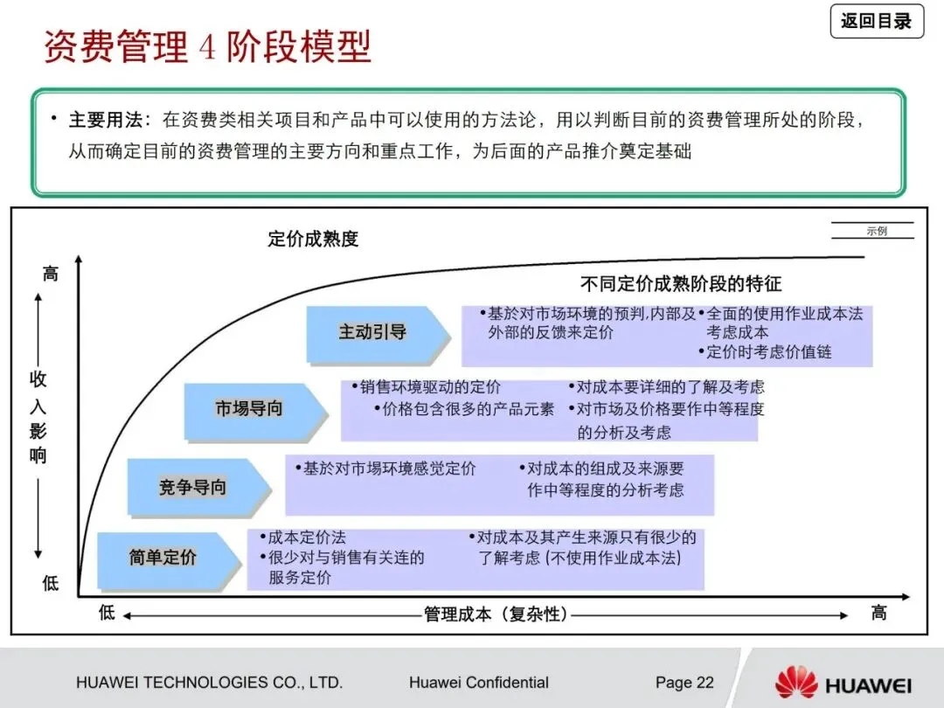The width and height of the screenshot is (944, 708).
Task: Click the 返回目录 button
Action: tap(876, 21)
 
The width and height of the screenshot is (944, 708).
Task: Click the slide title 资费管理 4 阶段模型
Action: tap(208, 47)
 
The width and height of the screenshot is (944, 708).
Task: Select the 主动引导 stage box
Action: tap(373, 332)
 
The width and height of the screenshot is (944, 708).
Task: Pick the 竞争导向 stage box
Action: tap(193, 487)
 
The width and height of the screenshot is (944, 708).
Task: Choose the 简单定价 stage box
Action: tap(163, 557)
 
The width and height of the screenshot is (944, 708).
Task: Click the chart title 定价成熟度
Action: tap(313, 239)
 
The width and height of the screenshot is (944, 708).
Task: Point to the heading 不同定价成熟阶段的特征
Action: tap(681, 283)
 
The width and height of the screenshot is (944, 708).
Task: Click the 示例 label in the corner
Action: tap(876, 232)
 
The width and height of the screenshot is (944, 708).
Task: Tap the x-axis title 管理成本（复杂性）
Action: tap(496, 614)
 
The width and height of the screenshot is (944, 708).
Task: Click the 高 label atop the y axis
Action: tap(51, 274)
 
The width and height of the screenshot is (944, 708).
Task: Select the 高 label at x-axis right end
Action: tap(878, 613)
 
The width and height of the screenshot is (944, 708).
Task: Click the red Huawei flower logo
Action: tap(795, 683)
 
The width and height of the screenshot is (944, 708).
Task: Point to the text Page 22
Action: tap(684, 683)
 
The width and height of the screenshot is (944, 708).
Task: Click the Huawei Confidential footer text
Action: tap(478, 683)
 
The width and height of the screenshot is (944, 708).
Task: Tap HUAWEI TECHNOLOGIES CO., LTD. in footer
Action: tap(210, 683)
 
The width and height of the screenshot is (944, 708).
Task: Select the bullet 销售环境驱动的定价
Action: tap(430, 387)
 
